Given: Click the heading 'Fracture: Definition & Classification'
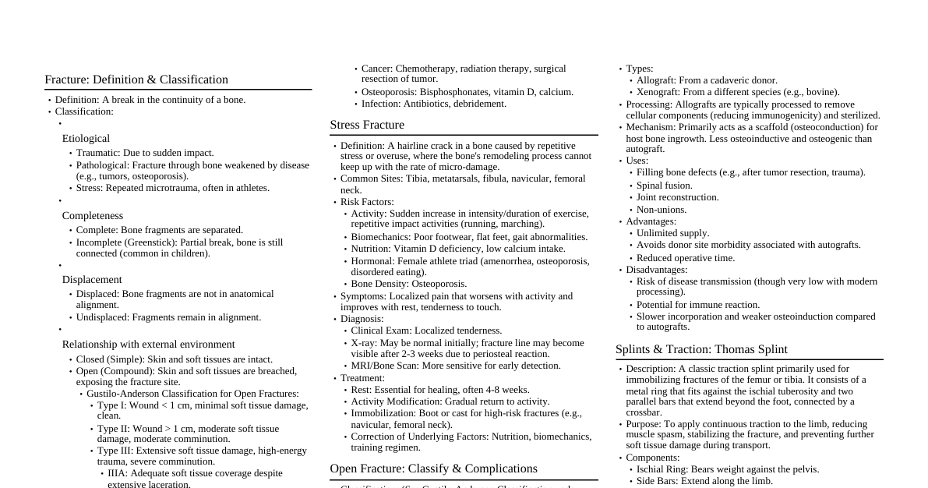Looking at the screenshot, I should (x=136, y=80).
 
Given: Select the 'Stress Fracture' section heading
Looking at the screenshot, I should (x=367, y=125).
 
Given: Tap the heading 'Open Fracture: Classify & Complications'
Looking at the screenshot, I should (x=433, y=469).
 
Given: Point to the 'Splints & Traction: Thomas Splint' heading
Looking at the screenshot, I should (x=701, y=349).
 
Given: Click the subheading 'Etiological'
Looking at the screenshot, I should (x=86, y=139).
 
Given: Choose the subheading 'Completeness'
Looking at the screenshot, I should (x=93, y=215).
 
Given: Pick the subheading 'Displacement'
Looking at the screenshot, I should (x=92, y=280).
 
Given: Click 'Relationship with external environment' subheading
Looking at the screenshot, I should (x=148, y=345).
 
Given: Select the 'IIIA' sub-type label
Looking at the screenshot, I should (x=118, y=473).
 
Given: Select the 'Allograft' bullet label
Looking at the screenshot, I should (x=655, y=80).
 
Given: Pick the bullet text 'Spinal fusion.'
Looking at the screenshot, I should (x=664, y=186).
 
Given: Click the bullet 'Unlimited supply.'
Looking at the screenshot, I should (x=672, y=233).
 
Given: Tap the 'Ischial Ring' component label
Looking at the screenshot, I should (x=662, y=469).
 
